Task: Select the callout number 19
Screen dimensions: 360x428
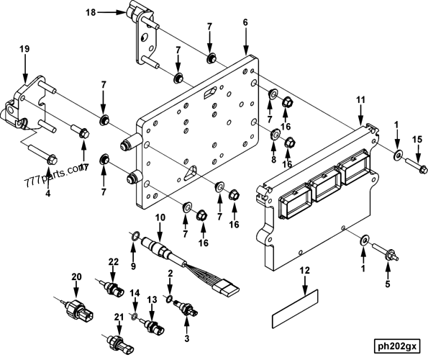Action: pyautogui.click(x=24, y=49)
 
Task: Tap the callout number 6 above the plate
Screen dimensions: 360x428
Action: pyautogui.click(x=245, y=23)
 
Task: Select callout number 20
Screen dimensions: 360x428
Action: pyautogui.click(x=76, y=276)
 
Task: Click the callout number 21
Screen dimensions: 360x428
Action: pyautogui.click(x=118, y=317)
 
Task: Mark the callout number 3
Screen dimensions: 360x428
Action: pyautogui.click(x=188, y=338)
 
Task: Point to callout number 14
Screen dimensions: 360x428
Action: pyautogui.click(x=134, y=293)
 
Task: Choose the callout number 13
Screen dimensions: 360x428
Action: pyautogui.click(x=152, y=300)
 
